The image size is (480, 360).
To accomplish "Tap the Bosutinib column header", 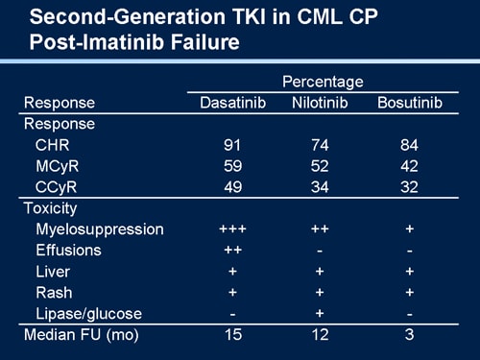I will (410, 103).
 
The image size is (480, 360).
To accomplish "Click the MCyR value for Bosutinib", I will (410, 165).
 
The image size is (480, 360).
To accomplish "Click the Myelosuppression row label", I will (99, 228).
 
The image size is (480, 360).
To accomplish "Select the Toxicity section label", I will (50, 207).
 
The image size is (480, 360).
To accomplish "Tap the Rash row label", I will (53, 292).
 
